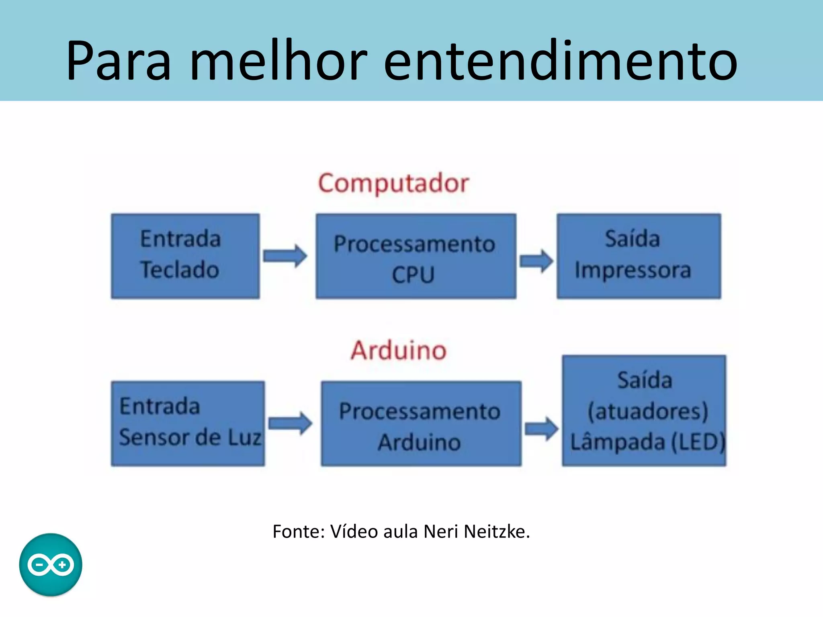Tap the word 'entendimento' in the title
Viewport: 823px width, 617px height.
point(560,61)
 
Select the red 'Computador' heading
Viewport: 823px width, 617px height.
point(393,184)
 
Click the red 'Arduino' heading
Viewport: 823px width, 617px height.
point(398,350)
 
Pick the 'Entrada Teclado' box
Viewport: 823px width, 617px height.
point(185,256)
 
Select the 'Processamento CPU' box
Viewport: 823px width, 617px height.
point(416,256)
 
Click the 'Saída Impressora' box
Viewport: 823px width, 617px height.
point(639,256)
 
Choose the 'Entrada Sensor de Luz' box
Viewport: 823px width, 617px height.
point(188,423)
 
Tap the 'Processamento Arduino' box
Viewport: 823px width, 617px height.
point(421,423)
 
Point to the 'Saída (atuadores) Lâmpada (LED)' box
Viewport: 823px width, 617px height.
point(644,411)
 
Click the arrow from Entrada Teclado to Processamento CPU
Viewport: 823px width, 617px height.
point(285,256)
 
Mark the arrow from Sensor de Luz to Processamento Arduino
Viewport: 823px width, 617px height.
point(290,423)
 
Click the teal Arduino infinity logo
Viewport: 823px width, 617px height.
point(51,564)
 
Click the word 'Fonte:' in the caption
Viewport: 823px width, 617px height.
point(299,531)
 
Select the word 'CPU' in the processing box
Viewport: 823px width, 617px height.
point(414,275)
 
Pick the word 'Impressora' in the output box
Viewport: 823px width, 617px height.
point(633,270)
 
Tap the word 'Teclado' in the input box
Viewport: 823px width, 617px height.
point(180,270)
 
